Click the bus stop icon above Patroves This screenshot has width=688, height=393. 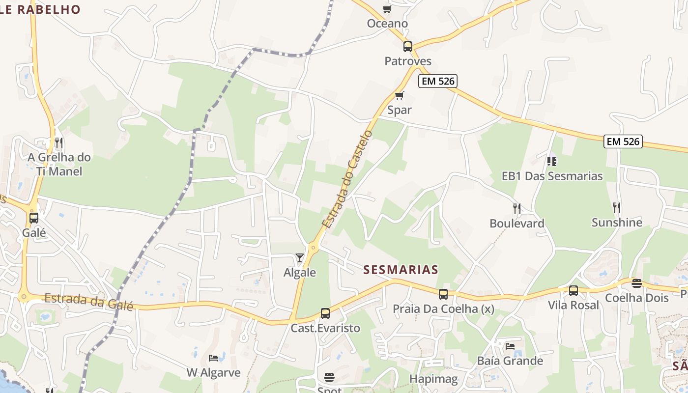tap(408, 47)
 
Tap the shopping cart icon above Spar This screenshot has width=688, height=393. tap(399, 95)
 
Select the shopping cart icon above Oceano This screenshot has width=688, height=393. tap(387, 9)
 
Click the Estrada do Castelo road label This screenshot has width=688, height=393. tap(347, 179)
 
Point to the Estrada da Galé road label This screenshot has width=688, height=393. tap(89, 301)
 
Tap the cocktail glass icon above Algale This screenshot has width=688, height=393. tap(299, 257)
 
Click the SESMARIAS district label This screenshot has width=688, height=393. tap(401, 270)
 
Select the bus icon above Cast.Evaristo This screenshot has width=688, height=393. tap(325, 313)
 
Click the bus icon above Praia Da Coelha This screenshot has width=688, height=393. tap(443, 294)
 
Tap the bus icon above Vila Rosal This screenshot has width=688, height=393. tap(573, 291)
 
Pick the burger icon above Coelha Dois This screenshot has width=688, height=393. tap(637, 283)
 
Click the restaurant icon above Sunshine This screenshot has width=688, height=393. tap(617, 208)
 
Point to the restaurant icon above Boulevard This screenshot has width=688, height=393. tap(516, 209)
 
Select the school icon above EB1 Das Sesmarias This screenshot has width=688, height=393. tap(551, 161)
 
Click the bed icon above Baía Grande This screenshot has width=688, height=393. tap(510, 346)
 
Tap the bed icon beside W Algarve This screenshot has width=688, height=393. tap(213, 358)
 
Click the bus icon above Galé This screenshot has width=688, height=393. tap(34, 218)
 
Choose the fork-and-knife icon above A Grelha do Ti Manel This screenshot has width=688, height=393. tap(59, 143)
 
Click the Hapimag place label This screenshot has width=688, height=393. tap(433, 379)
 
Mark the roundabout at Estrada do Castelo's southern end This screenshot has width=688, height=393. tap(313, 247)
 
